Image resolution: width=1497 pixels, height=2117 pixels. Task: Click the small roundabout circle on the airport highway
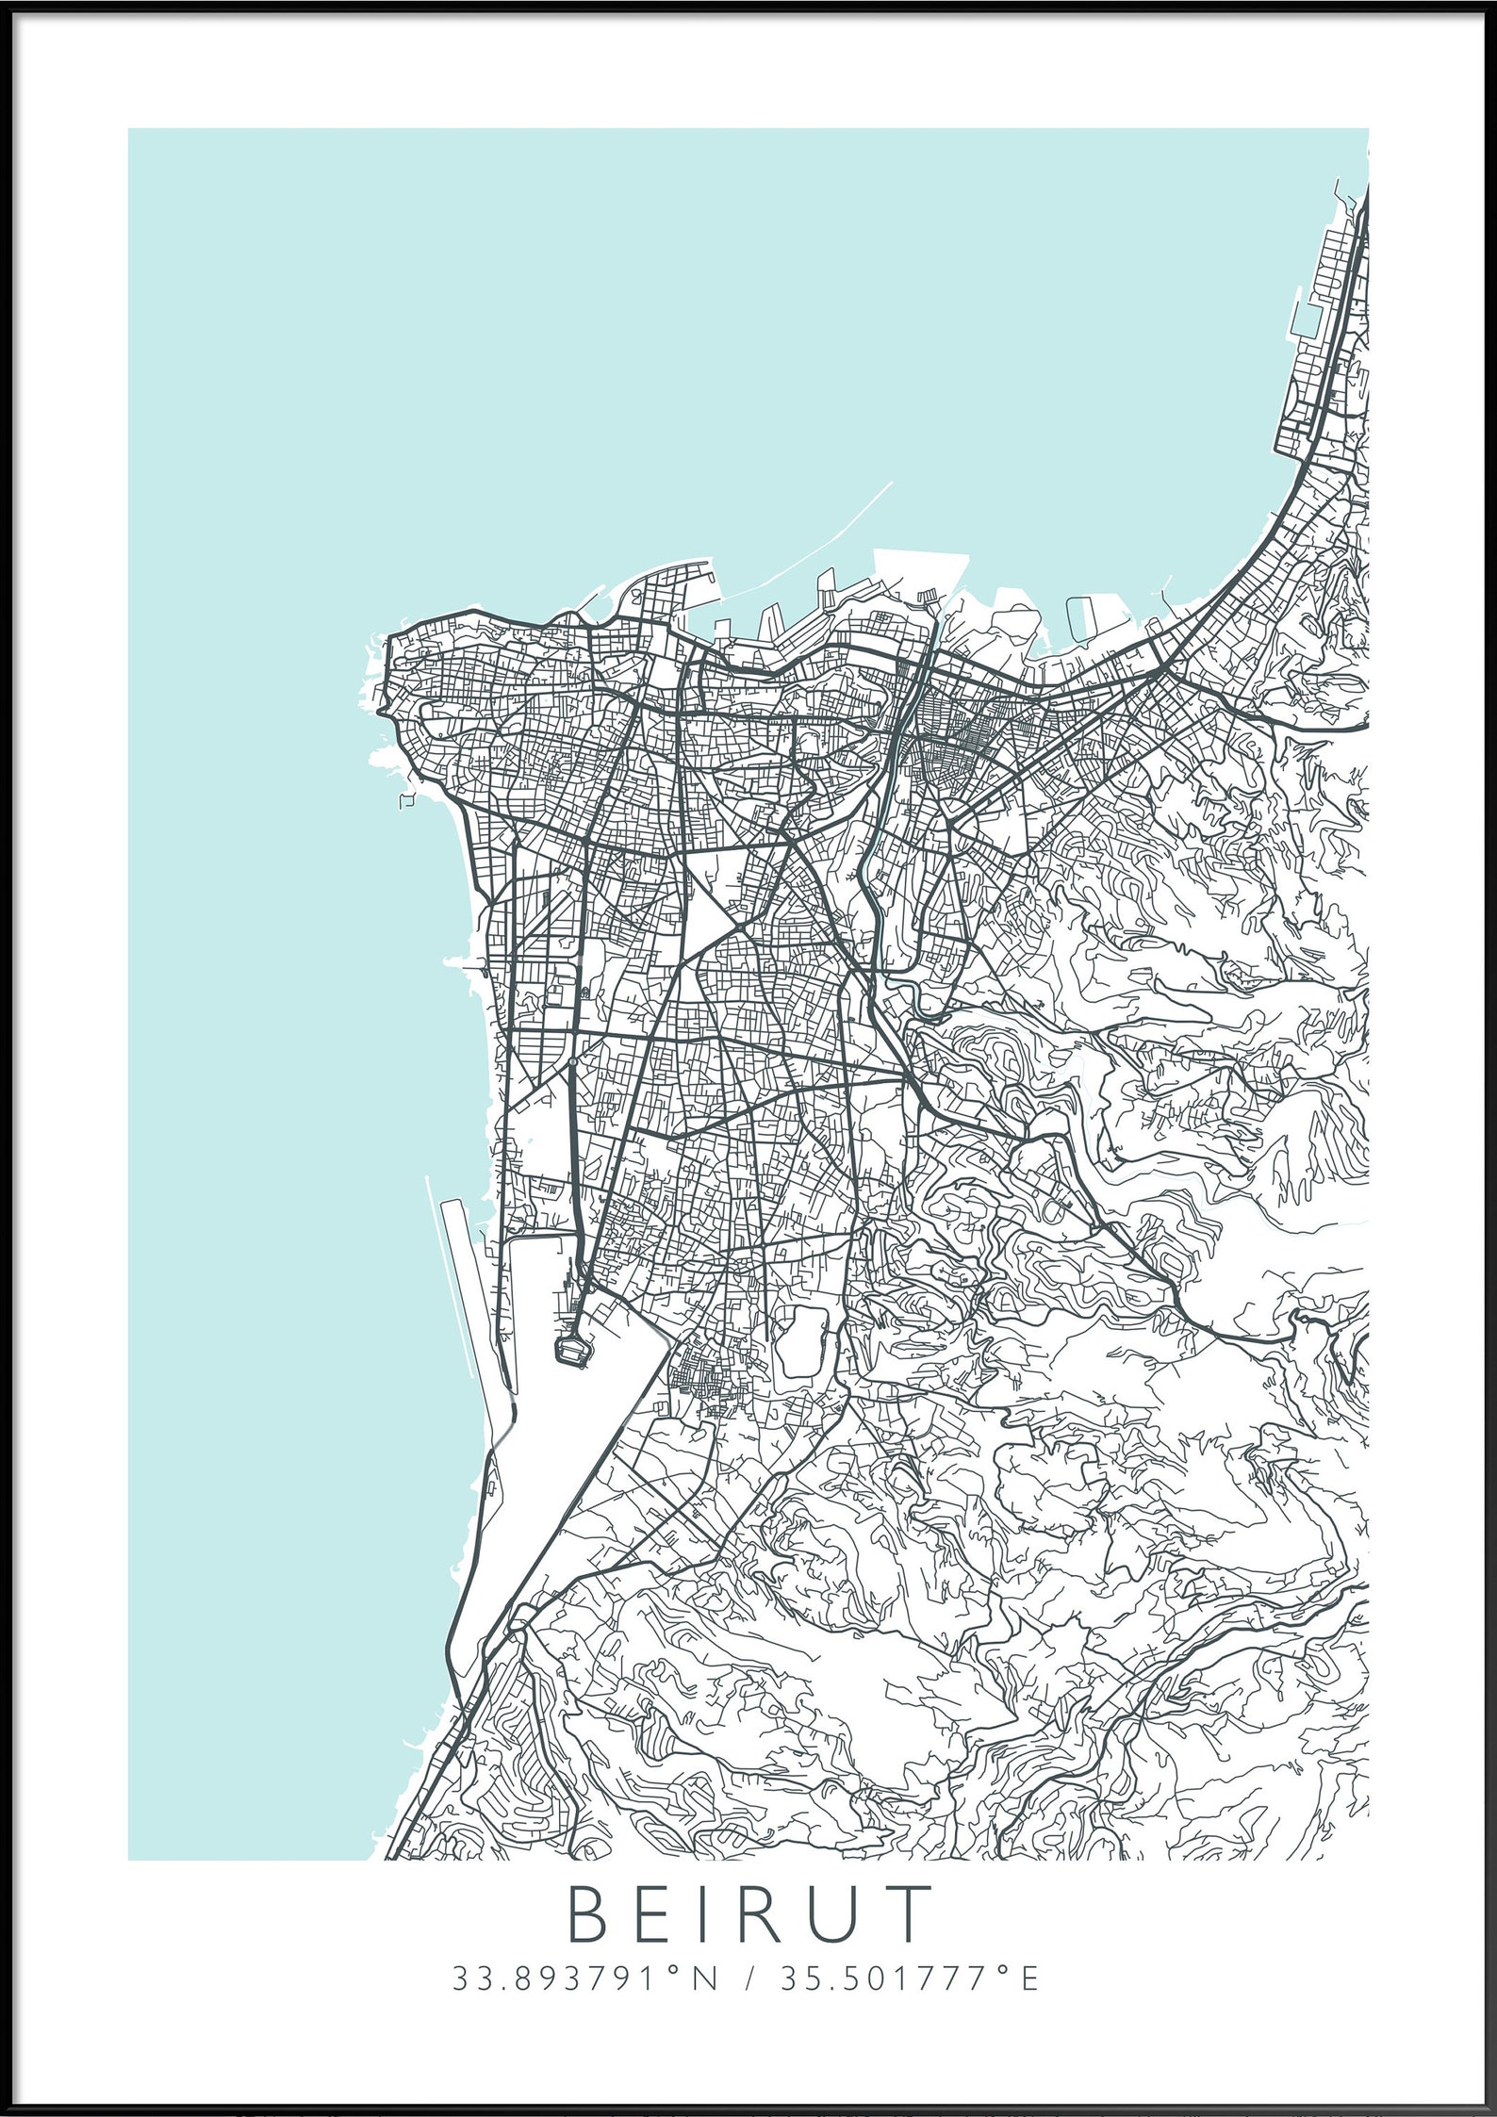(572, 1061)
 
